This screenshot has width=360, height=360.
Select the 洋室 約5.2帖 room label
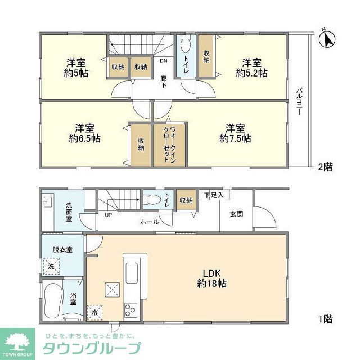pos(251,67)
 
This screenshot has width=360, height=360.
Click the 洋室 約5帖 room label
pos(75,67)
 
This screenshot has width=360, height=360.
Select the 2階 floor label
pos(325,166)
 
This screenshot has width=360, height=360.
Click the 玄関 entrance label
pos(236,214)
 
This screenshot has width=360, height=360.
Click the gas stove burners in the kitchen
pos(131,309)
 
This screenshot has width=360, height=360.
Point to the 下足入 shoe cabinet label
pos(214,195)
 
